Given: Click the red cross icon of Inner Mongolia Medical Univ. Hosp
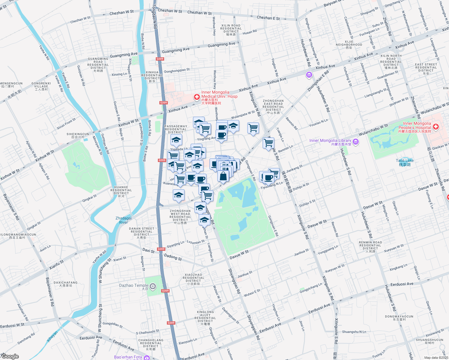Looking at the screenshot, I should point(197,97).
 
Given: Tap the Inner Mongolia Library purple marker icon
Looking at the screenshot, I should point(356,142).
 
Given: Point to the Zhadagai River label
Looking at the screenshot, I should point(123,220).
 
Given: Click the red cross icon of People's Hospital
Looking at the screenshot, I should point(435,127).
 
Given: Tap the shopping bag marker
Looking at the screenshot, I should point(223,176).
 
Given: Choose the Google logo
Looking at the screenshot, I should point(10,356).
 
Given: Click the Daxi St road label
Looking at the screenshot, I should point(148,250).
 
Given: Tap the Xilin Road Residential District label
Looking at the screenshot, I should point(231,30).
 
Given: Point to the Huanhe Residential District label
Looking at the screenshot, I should point(121,191).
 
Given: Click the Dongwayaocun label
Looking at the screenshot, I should point(399,318).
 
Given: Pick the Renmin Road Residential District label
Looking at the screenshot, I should point(370,247).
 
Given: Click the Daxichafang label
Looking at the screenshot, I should point(65,284).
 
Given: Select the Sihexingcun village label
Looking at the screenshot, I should point(78,136).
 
